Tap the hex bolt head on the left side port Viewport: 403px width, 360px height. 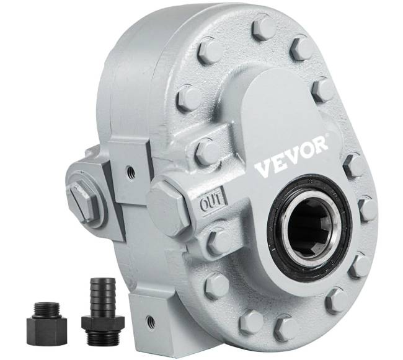(82, 201)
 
